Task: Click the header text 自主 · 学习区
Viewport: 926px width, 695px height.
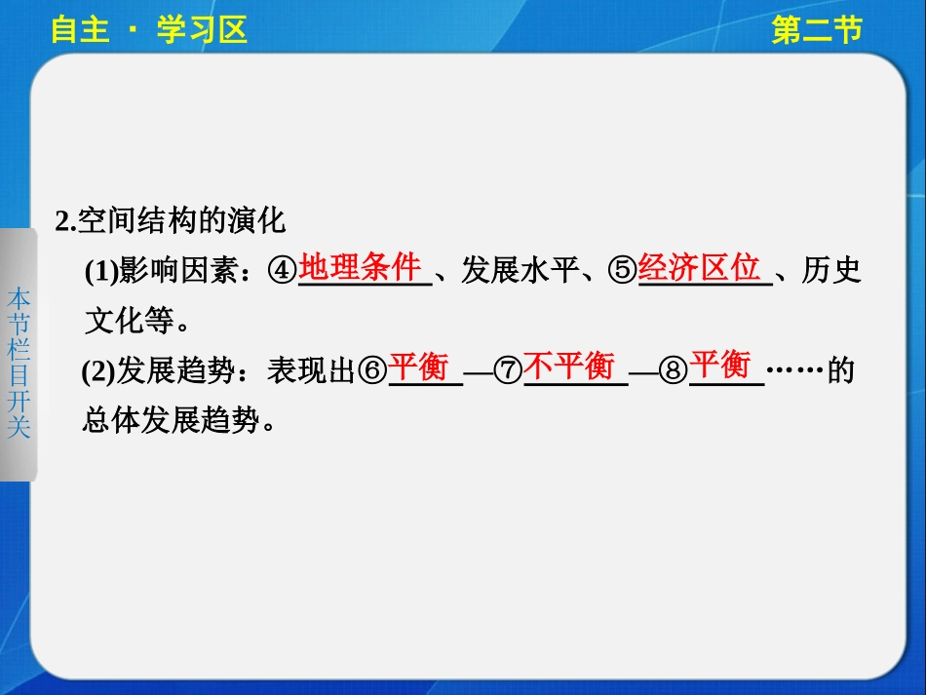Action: pos(149,31)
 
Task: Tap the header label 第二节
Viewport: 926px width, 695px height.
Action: pos(816,31)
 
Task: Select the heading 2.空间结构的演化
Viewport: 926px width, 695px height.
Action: pos(171,220)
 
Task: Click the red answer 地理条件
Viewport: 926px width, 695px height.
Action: pos(360,266)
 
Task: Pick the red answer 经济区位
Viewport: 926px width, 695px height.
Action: pos(699,266)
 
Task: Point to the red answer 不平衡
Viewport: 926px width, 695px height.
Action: pos(569,367)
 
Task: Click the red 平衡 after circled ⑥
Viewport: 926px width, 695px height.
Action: pos(418,367)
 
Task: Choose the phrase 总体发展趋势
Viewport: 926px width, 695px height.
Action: pos(172,420)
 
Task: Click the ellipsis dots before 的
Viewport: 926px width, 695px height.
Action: pos(795,372)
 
